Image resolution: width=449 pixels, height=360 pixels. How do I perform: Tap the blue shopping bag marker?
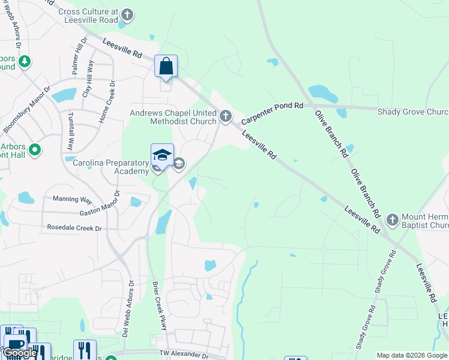tap(166, 66)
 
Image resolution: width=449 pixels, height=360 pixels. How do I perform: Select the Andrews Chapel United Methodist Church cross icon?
tap(226, 116)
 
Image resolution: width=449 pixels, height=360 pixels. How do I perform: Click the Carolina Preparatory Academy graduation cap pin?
tap(162, 155)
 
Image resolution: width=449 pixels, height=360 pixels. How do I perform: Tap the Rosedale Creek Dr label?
tap(74, 228)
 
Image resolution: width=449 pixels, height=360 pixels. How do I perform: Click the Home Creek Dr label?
tap(110, 100)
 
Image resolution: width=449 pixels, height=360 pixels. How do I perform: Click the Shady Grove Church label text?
tap(413, 112)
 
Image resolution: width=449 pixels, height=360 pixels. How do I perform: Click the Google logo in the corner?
tap(20, 353)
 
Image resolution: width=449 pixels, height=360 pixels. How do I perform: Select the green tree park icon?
tap(25, 61)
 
